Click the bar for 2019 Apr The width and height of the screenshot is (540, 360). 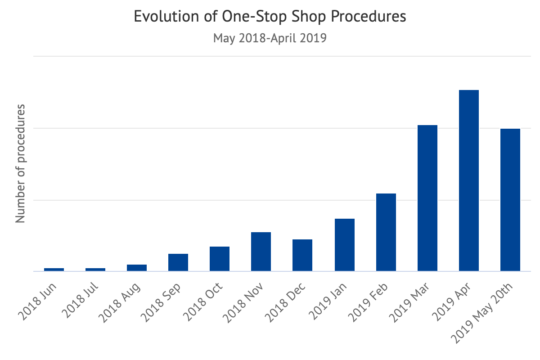[x=469, y=180]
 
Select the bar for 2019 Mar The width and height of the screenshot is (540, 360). [x=427, y=198]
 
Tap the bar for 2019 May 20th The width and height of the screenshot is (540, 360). [x=510, y=200]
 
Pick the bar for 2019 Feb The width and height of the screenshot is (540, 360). [x=386, y=232]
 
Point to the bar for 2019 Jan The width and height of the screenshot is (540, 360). [x=345, y=245]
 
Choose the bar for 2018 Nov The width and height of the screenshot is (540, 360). [x=261, y=252]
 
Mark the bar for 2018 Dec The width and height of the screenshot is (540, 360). [x=302, y=255]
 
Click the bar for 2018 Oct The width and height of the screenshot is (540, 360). [x=220, y=259]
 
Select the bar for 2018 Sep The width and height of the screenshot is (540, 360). [x=178, y=262]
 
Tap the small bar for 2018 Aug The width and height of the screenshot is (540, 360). [x=137, y=268]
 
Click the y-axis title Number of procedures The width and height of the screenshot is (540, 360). [x=20, y=163]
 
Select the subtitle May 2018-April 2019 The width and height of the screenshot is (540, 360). [x=270, y=38]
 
